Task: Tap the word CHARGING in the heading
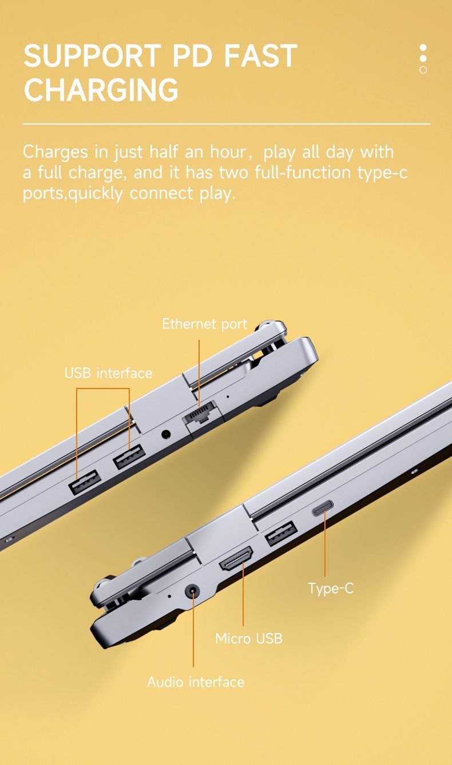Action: [x=101, y=89]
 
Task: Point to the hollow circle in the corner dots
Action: [x=423, y=70]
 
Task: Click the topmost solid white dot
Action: [x=423, y=47]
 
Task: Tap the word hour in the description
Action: [x=228, y=151]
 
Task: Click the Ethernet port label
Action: [x=204, y=324]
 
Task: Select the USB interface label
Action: [x=108, y=373]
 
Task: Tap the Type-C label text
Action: [x=331, y=588]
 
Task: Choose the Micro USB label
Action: [x=249, y=638]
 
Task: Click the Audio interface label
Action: [x=196, y=682]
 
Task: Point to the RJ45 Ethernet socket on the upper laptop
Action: [x=200, y=413]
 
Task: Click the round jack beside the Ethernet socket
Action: [x=166, y=434]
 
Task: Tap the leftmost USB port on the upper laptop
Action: [x=85, y=482]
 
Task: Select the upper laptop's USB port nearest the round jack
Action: [x=129, y=456]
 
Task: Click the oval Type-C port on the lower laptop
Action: [x=323, y=508]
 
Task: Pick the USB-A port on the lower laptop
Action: [x=281, y=534]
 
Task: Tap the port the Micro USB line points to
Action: [x=236, y=559]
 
